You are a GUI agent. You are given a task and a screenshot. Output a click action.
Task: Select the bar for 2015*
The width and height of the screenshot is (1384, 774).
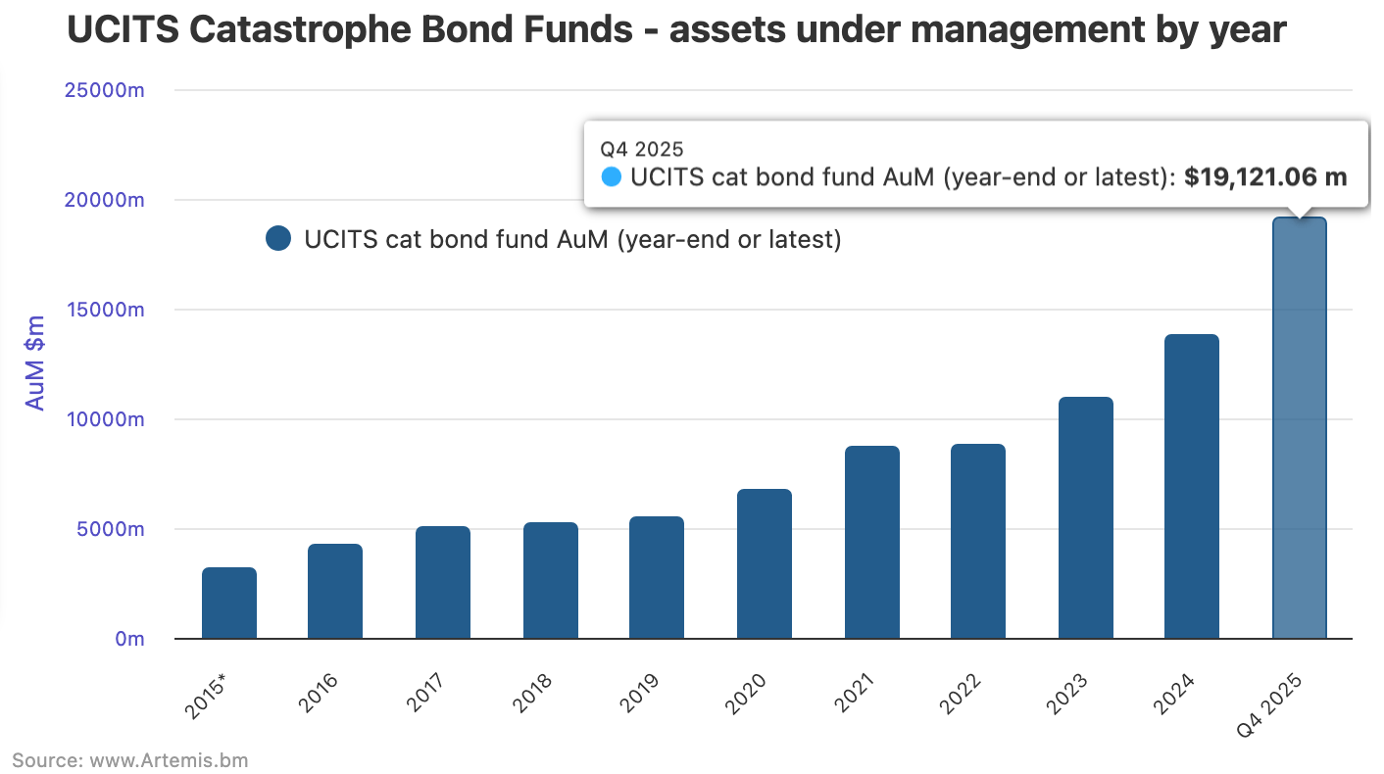[229, 603]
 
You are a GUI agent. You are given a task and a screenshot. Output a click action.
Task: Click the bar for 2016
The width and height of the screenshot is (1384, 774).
[335, 591]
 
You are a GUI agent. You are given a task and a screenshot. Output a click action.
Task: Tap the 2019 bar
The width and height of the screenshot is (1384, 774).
[656, 577]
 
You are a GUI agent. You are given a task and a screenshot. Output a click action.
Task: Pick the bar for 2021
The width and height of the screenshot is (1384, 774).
[871, 542]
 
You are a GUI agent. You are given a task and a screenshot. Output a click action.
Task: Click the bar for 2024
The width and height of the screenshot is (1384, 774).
[1192, 486]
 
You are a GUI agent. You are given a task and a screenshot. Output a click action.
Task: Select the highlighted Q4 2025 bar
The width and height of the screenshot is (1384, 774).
[1299, 428]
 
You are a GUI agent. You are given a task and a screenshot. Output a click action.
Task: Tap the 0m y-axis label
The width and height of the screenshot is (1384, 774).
[129, 639]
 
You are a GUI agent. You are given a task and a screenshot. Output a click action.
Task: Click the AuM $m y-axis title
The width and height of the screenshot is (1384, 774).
[35, 363]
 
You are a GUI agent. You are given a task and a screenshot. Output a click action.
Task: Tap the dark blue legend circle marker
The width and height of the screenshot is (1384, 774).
[278, 239]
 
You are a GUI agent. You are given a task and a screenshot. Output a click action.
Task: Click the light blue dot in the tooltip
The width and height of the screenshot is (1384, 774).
[612, 177]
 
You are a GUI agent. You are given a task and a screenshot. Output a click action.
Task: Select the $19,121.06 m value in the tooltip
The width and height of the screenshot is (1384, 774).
[1265, 177]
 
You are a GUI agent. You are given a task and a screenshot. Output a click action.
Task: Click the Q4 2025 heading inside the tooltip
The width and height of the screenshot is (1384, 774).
[642, 149]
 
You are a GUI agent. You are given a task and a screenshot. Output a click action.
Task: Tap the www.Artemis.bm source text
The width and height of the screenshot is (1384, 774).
[169, 759]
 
